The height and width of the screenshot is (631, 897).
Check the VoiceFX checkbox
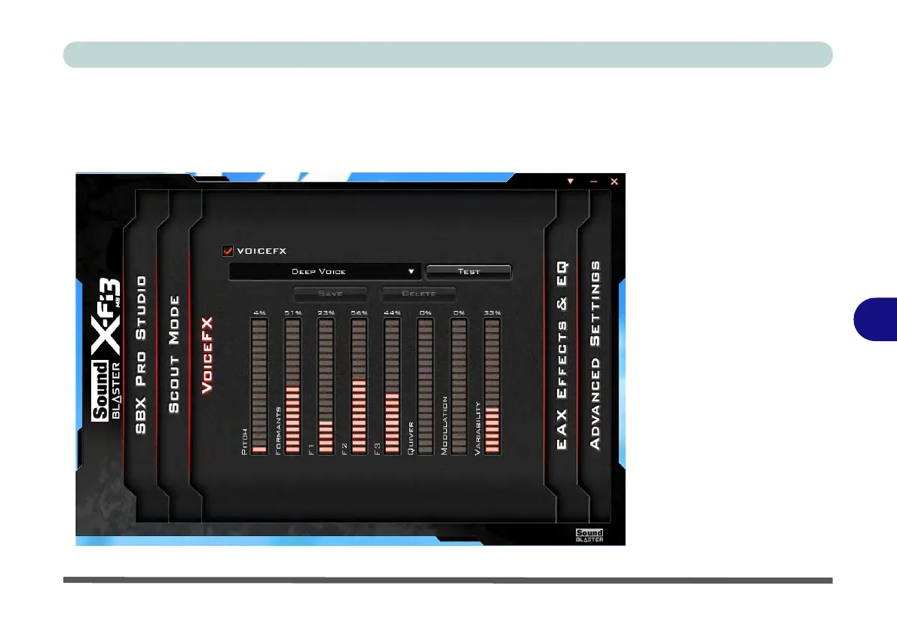228,251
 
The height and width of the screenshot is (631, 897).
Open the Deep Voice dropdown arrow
411,271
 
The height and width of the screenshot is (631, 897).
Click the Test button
468,271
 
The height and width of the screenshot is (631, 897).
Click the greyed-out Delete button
418,293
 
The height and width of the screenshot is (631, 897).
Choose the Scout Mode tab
174,354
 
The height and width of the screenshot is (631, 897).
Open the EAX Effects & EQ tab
562,355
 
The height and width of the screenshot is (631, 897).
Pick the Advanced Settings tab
595,355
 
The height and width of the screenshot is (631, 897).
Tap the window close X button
614,181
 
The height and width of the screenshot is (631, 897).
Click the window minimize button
594,181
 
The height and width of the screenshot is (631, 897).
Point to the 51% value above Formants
292,312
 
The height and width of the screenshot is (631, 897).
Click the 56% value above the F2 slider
359,312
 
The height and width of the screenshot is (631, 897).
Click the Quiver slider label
411,437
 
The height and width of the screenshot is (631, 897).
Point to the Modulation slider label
444,425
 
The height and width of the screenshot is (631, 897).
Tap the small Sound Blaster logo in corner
589,535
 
